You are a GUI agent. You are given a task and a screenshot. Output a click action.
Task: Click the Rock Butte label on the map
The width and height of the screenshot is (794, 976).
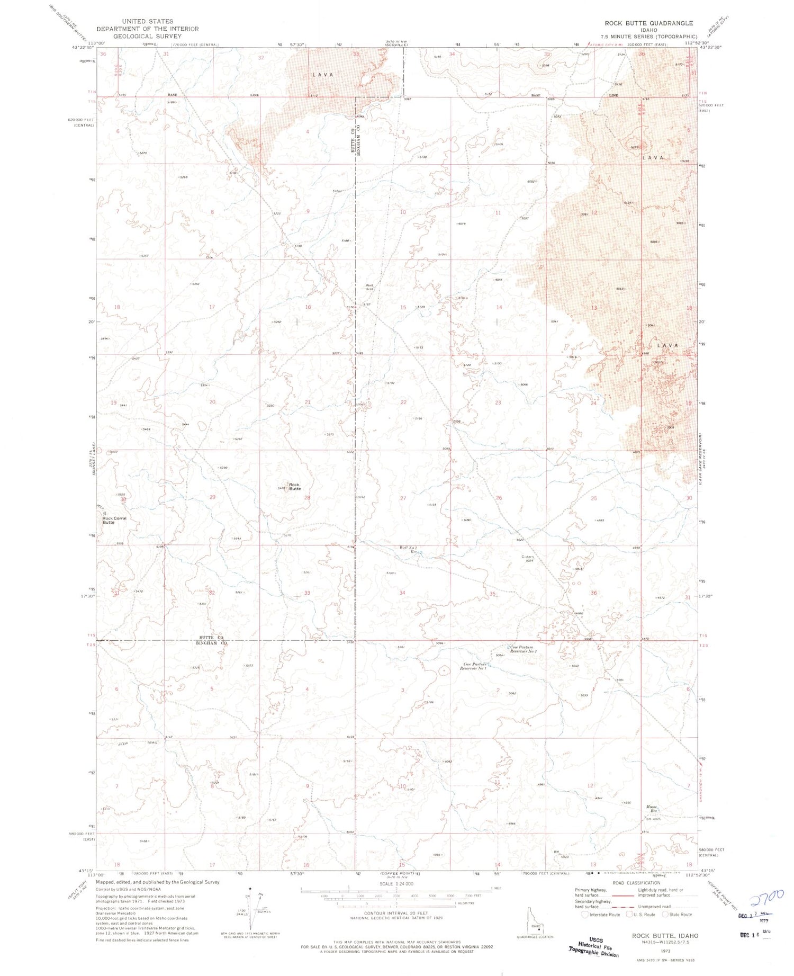tap(294, 487)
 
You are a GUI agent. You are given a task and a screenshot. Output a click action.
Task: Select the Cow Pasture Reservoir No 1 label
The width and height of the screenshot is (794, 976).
tap(474, 666)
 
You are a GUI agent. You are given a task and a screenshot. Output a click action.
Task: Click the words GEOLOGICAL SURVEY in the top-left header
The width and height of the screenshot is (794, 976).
tap(147, 37)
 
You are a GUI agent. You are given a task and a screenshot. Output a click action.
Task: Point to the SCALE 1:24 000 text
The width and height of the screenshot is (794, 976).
tap(396, 884)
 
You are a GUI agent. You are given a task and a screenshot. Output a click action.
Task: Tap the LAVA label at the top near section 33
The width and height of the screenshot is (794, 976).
tap(323, 75)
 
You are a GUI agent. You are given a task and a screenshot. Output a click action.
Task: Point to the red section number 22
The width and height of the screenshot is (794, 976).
tap(403, 402)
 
